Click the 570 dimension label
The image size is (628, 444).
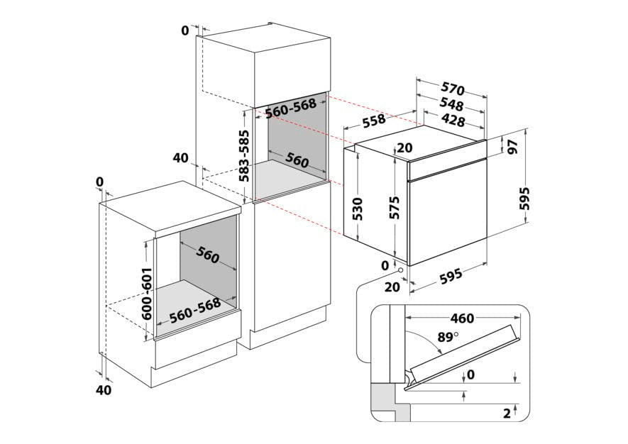[453, 89]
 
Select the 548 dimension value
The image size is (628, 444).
[452, 104]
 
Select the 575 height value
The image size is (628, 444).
[395, 206]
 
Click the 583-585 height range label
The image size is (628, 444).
[244, 157]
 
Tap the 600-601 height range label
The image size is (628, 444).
[148, 294]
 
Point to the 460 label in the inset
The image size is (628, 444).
[461, 318]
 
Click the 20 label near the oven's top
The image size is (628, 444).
[404, 148]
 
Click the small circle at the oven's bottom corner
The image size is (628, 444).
[401, 270]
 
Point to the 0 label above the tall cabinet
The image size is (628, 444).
[185, 30]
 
